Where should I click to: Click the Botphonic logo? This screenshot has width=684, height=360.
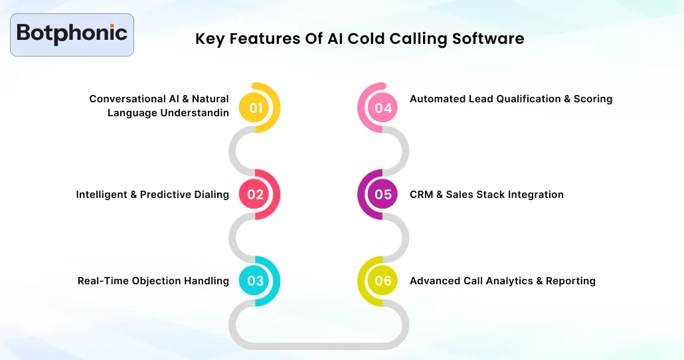[x=72, y=34]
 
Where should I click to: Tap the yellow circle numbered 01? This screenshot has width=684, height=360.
[x=256, y=108]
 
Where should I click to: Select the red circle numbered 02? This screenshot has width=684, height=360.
[x=256, y=195]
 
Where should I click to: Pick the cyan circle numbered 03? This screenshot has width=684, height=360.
[x=256, y=280]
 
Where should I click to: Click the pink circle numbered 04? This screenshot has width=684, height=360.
[x=383, y=108]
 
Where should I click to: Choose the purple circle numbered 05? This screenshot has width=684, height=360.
[x=383, y=195]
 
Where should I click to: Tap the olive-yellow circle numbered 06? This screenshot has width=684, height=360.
[x=383, y=280]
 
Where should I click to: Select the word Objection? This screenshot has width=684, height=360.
[x=157, y=281]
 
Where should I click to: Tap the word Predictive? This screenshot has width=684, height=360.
[x=165, y=195]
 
